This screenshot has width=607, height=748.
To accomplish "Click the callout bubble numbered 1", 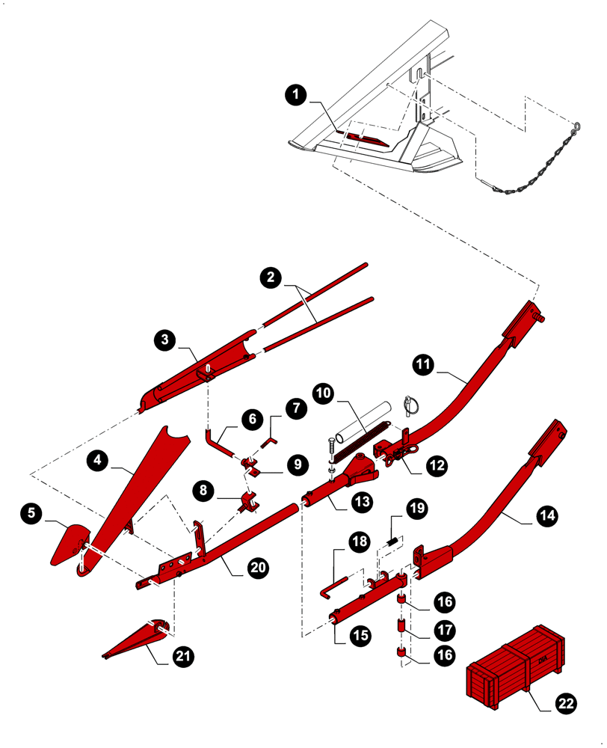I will point(297,94).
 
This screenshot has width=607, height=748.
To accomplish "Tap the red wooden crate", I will point(514,663).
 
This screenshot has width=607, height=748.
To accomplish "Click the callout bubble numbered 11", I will point(422,364).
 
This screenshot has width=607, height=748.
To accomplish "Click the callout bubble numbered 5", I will point(31,513).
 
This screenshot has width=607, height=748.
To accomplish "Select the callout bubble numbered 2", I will point(271,278).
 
